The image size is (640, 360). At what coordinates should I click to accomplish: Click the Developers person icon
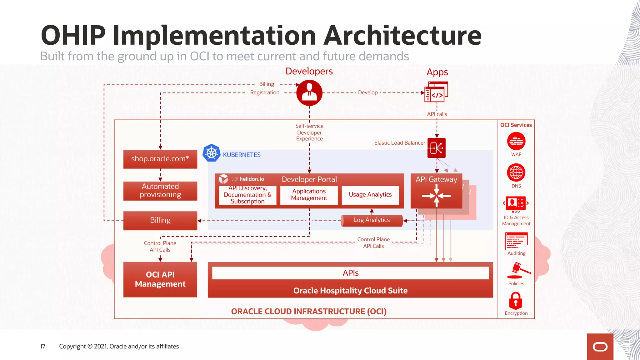[309, 93]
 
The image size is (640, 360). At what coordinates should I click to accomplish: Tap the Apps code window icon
[436, 92]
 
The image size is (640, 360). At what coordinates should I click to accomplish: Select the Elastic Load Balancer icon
[436, 148]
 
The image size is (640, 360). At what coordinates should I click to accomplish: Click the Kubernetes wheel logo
[212, 153]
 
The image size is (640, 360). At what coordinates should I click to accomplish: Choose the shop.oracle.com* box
[160, 159]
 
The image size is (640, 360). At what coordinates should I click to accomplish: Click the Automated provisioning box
[160, 191]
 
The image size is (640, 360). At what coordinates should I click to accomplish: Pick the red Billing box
[160, 220]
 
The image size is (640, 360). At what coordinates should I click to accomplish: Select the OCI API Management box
[160, 279]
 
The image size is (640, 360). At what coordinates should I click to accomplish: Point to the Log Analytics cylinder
[371, 220]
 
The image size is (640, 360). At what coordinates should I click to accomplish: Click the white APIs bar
[350, 273]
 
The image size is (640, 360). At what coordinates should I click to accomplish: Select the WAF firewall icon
[516, 142]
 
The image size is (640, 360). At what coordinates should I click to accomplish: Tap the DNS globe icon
[516, 172]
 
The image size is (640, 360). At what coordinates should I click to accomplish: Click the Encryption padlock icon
[516, 301]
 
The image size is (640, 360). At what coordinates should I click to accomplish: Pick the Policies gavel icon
[518, 270]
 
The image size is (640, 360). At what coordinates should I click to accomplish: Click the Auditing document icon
[516, 241]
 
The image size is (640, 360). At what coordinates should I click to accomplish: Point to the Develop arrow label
[368, 92]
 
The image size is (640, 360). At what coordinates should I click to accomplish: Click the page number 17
[42, 346]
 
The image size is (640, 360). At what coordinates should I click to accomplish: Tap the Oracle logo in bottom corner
[600, 347]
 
